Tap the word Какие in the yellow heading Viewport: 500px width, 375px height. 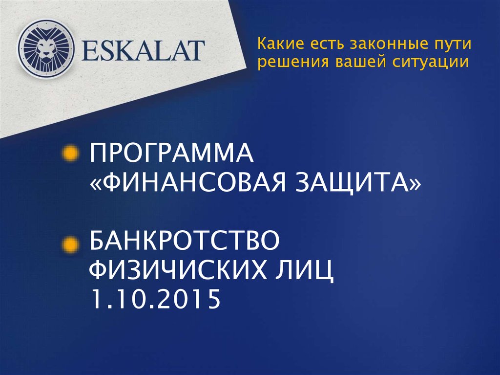click(x=277, y=45)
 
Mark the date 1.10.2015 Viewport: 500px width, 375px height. click(x=152, y=299)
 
